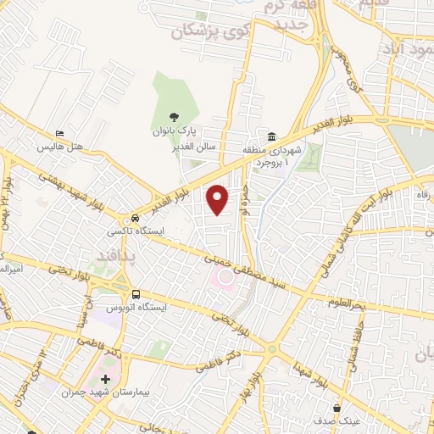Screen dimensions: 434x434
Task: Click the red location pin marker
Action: pos(219,198)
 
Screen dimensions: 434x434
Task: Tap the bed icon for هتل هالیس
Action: pos(58,134)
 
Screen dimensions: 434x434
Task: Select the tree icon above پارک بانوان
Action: pos(174,118)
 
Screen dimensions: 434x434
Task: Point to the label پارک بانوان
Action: pos(174,131)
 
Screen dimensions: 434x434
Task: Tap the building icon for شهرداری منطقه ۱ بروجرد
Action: pos(270,136)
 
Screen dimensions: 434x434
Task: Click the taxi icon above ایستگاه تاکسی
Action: pos(125,217)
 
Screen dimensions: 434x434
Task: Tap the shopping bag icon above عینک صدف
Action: pos(337,408)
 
